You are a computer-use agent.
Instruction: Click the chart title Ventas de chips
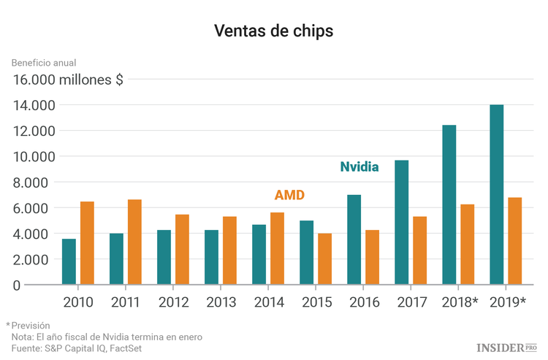tap(273, 31)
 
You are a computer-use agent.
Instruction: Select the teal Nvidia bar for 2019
tap(496, 195)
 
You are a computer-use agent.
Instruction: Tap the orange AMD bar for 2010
tap(87, 243)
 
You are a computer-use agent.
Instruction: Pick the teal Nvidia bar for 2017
tap(401, 222)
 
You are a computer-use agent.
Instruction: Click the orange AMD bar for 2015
tap(324, 259)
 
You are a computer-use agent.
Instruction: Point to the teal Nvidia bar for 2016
tap(354, 240)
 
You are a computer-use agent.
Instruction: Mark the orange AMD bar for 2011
tap(134, 242)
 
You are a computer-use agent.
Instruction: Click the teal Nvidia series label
tap(359, 166)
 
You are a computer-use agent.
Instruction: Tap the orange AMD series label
tap(289, 195)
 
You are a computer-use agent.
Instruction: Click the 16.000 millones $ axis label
tap(67, 80)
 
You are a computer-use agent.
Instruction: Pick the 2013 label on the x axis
tap(221, 301)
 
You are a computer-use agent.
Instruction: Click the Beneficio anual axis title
tap(44, 63)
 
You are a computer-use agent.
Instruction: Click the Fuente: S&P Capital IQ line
tap(76, 348)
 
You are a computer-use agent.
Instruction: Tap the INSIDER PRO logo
tap(506, 348)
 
